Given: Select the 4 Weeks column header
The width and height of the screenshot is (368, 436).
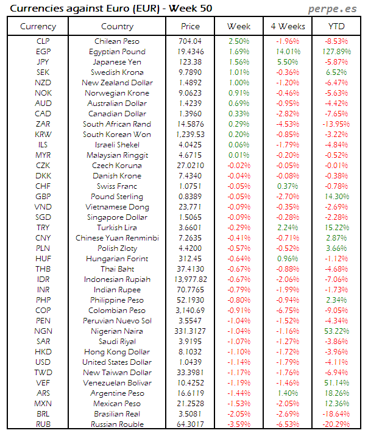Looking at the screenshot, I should click(287, 26).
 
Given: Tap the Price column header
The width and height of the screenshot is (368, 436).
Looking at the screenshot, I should click(190, 26).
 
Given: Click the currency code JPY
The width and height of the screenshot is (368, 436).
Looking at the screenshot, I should click(43, 62).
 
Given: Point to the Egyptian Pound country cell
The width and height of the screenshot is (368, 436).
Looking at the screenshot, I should click(116, 52).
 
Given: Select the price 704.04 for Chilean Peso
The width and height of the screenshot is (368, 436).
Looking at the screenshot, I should click(190, 41).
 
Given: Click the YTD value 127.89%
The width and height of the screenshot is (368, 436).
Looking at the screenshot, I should click(336, 52).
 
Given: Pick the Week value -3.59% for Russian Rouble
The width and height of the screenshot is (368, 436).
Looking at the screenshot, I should click(238, 424).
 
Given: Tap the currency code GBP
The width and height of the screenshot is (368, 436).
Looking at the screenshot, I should click(43, 197).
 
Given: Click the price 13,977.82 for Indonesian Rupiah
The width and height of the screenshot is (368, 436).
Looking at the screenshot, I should click(190, 279).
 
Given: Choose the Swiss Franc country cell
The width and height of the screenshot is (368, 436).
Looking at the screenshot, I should click(116, 186).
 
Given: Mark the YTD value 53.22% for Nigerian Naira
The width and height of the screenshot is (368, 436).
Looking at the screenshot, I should click(336, 331).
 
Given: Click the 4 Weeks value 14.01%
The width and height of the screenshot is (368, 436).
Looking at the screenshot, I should click(287, 52).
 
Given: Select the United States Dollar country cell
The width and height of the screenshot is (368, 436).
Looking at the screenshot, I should click(116, 362).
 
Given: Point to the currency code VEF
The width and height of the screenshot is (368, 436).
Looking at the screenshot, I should click(43, 382).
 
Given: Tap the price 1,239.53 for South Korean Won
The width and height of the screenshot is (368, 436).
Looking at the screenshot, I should click(190, 135).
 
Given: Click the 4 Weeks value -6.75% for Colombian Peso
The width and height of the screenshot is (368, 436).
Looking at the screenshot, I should click(287, 310).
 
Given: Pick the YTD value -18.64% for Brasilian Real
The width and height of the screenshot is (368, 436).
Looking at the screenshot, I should click(336, 413).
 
